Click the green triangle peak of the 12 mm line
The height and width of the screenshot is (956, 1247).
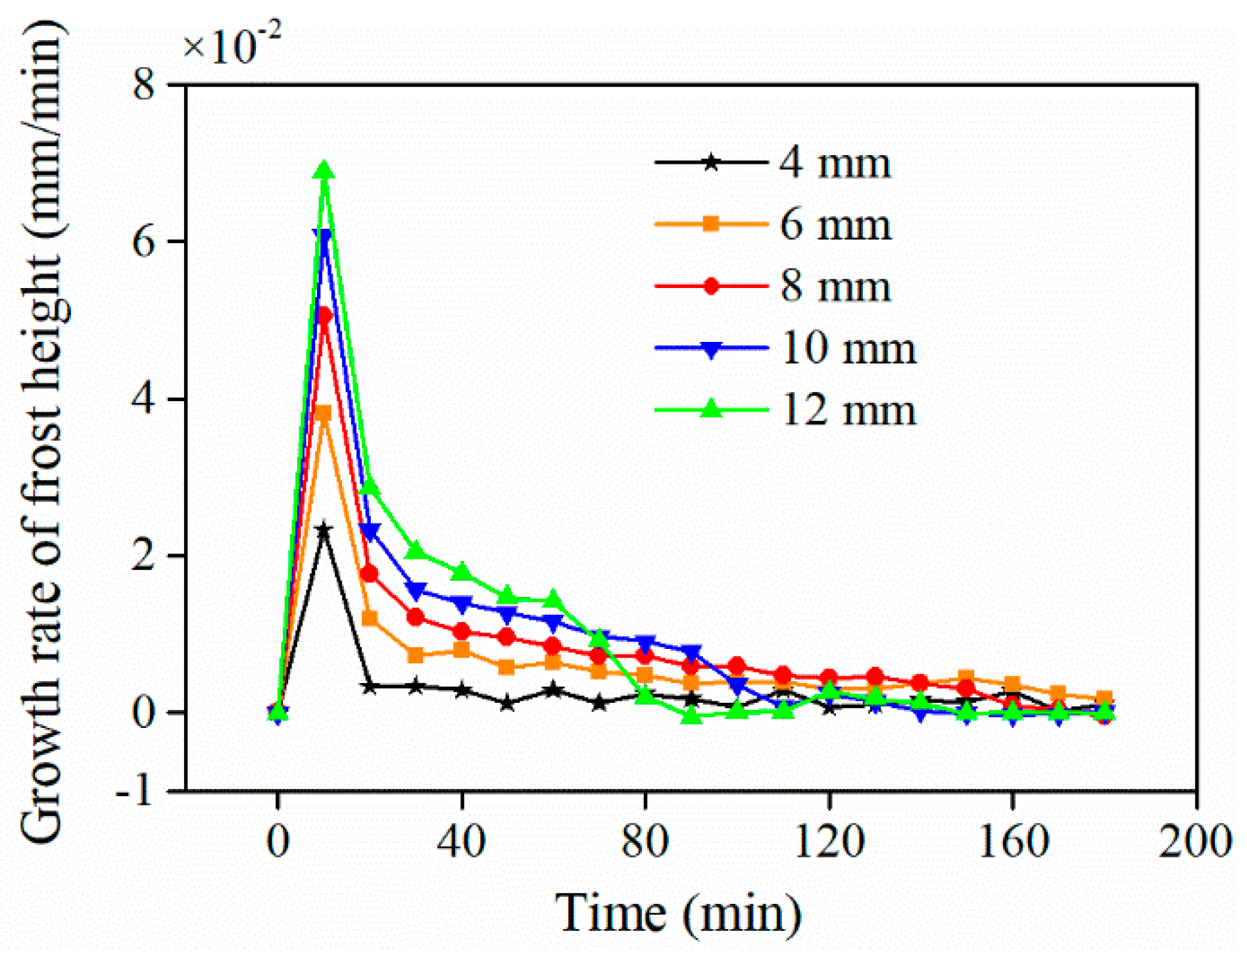click(x=324, y=171)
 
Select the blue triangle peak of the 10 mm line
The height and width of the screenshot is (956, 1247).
click(x=324, y=237)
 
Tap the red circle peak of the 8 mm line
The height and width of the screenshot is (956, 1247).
click(x=324, y=316)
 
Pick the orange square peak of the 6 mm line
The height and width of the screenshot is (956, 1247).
click(x=324, y=413)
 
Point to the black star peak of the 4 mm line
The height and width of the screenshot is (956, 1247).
click(x=324, y=529)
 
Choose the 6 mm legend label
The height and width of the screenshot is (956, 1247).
click(x=835, y=225)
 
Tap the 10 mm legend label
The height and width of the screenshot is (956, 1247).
click(x=848, y=348)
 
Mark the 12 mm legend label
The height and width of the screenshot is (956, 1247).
click(x=848, y=410)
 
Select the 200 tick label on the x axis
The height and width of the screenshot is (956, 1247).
click(x=1194, y=841)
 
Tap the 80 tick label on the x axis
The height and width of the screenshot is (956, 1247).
click(x=645, y=841)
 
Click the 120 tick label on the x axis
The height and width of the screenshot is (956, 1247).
click(x=829, y=841)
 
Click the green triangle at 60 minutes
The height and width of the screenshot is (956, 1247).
click(x=553, y=600)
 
